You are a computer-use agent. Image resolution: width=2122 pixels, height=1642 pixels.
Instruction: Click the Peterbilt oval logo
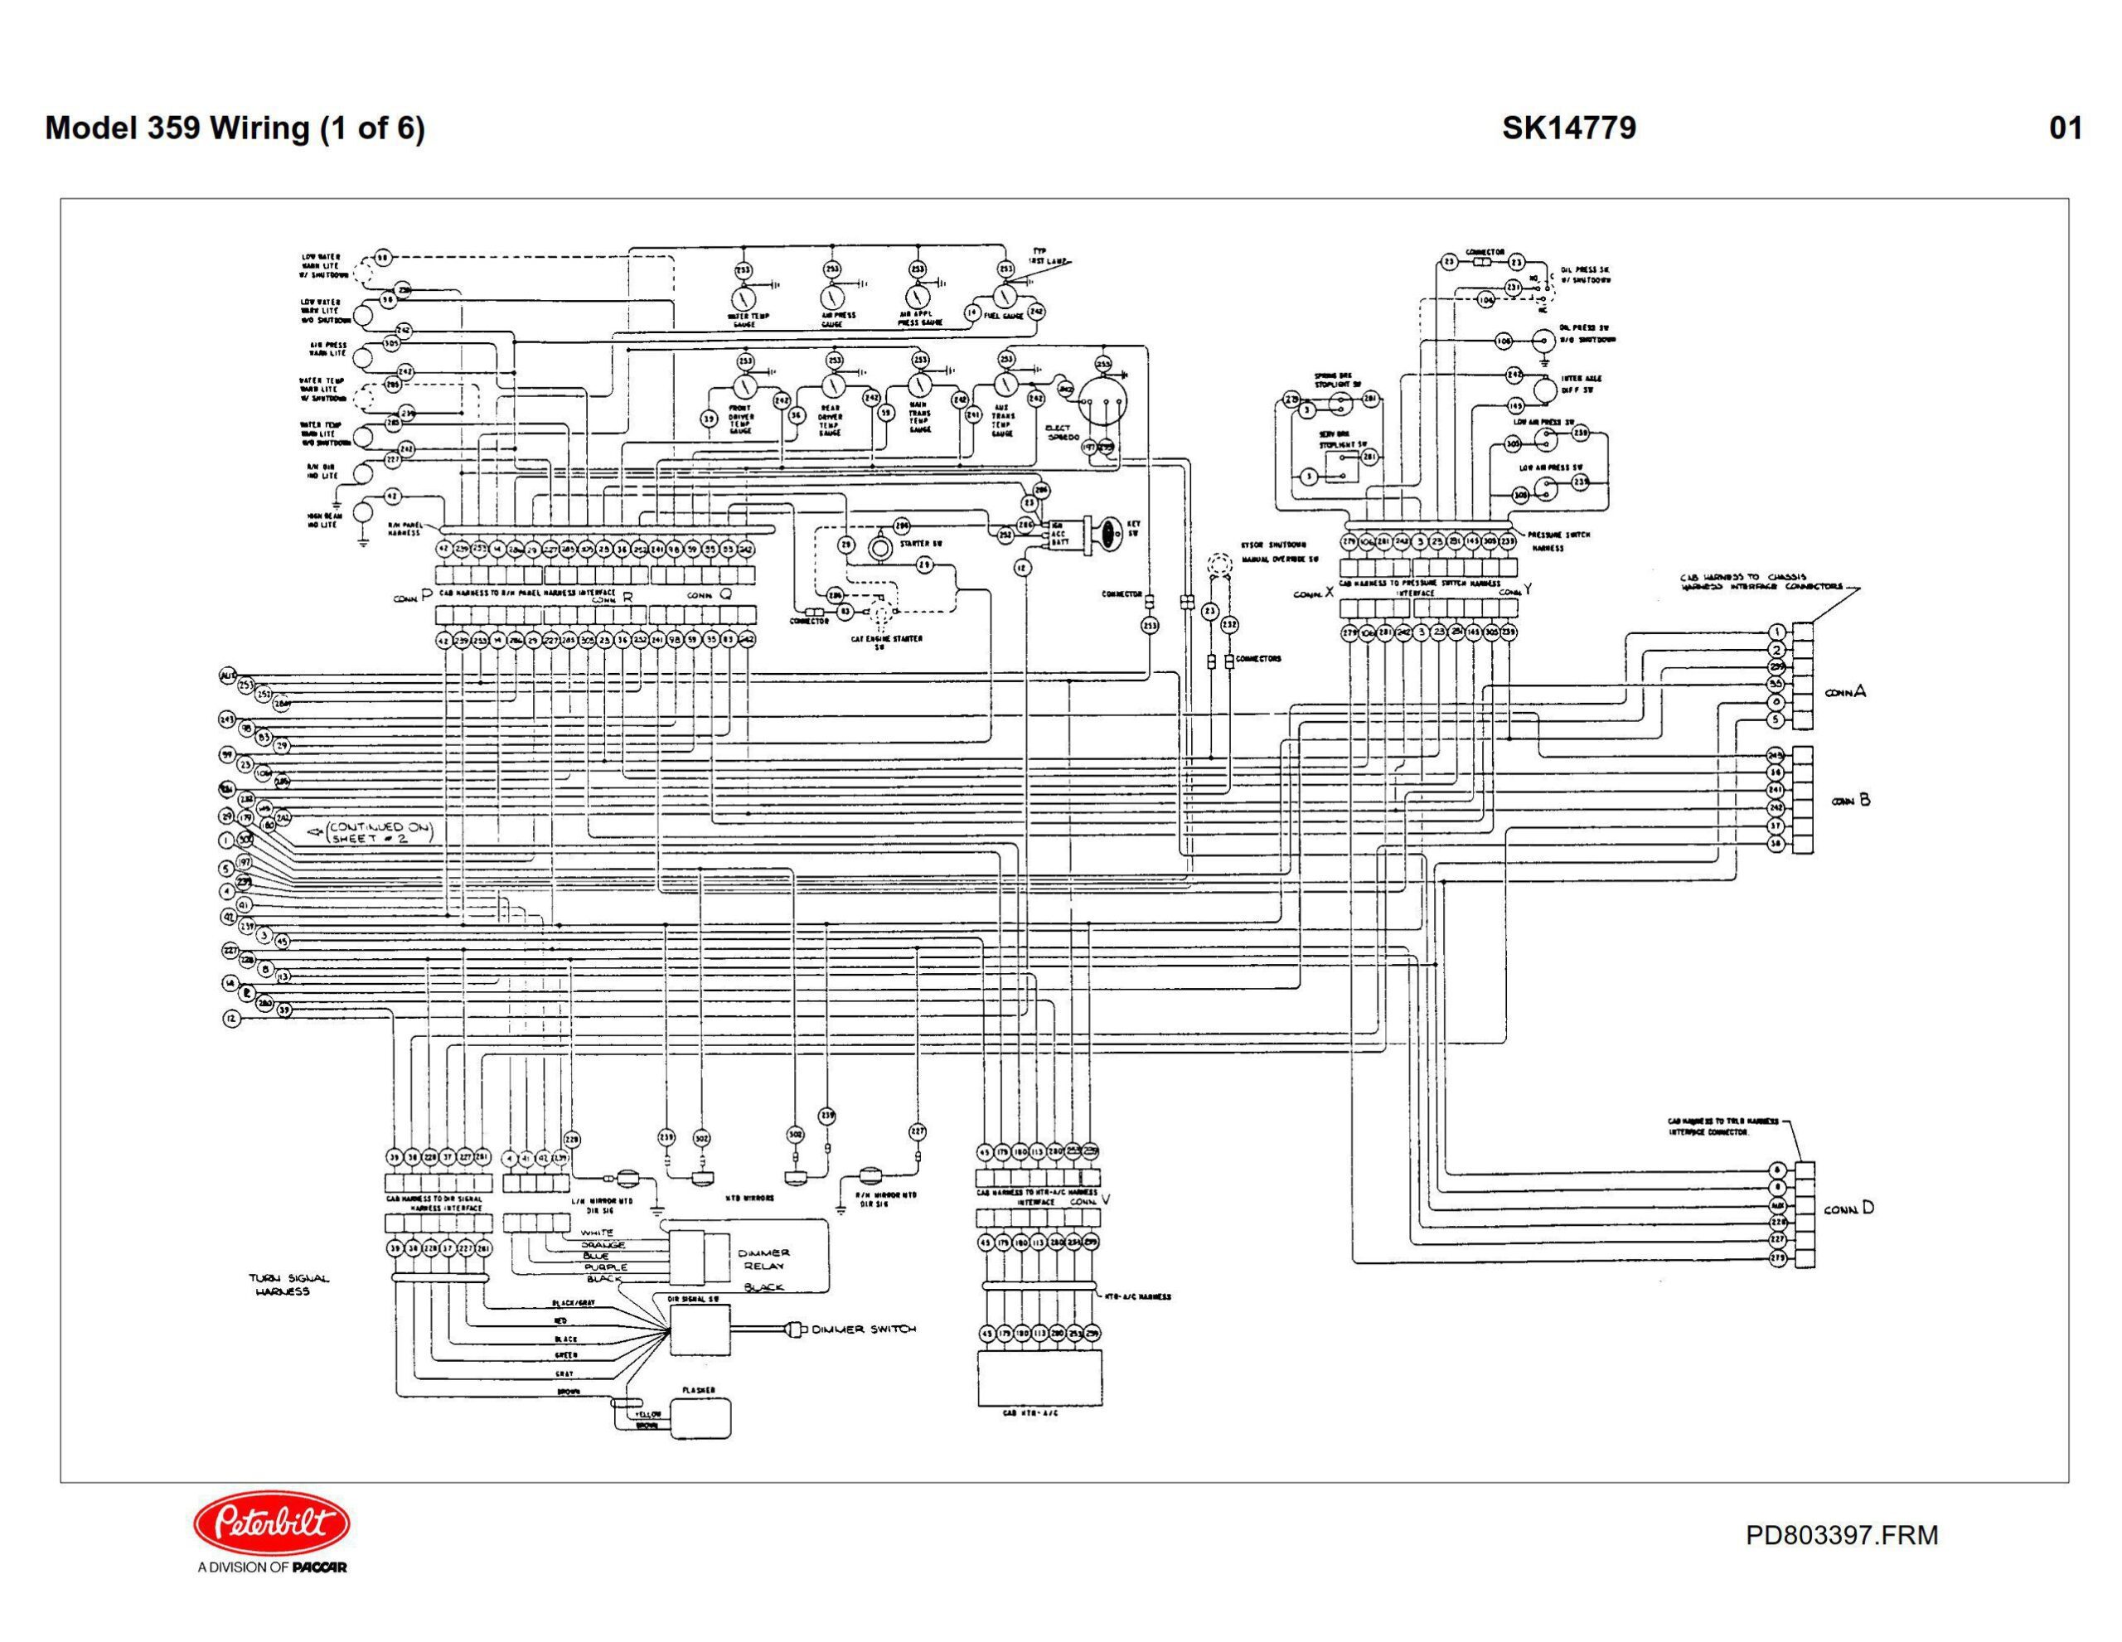[x=272, y=1523]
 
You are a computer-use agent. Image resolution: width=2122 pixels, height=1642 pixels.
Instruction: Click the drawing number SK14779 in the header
[x=1568, y=128]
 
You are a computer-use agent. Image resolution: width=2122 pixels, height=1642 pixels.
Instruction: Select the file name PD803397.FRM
[x=1841, y=1535]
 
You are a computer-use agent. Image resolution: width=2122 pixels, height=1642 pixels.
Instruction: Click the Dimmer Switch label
[x=864, y=1330]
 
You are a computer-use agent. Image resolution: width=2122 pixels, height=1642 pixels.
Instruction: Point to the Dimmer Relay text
[x=767, y=1259]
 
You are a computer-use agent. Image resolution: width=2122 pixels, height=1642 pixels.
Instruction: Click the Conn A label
[x=1845, y=693]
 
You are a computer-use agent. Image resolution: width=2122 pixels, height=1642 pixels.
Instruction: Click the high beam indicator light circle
[x=362, y=512]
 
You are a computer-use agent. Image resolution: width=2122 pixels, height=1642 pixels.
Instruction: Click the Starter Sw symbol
[x=879, y=547]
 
